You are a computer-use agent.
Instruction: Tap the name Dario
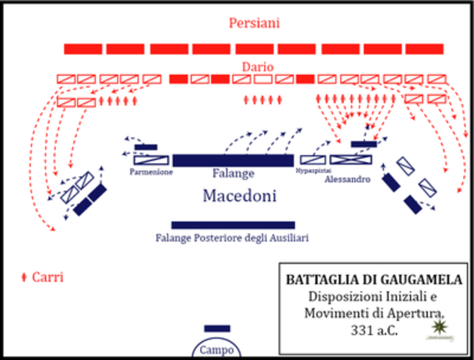pyautogui.click(x=257, y=67)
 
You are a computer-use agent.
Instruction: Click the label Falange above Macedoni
pyautogui.click(x=233, y=173)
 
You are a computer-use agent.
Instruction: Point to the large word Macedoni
pyautogui.click(x=239, y=196)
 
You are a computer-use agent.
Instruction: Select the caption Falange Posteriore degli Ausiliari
pyautogui.click(x=232, y=238)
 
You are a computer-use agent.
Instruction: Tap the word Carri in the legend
pyautogui.click(x=47, y=277)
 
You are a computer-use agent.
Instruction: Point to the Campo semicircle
pyautogui.click(x=216, y=349)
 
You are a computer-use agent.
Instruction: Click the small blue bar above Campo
pyautogui.click(x=217, y=328)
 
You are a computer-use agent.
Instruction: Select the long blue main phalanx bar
pyautogui.click(x=233, y=160)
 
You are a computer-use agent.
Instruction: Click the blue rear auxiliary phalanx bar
pyautogui.click(x=232, y=225)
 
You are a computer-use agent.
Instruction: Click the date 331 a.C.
pyautogui.click(x=372, y=328)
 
